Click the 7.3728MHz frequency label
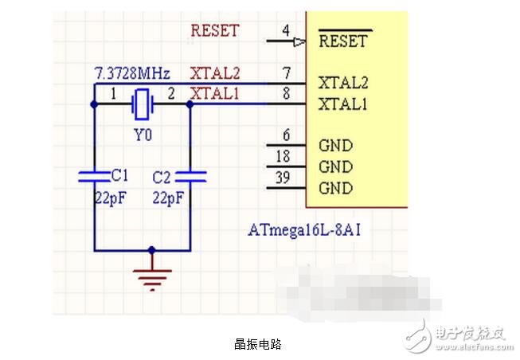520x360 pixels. [131, 74]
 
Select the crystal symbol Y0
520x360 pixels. [143, 104]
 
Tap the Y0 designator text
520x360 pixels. [143, 135]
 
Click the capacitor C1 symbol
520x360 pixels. [94, 175]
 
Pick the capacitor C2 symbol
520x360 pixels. [190, 175]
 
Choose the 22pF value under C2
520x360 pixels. [168, 196]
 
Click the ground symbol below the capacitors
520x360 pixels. [152, 275]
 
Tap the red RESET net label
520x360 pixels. [214, 31]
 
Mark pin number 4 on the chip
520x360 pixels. [285, 31]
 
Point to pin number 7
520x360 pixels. [285, 73]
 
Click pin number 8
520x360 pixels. [285, 94]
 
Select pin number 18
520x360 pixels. [283, 157]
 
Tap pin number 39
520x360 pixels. [283, 178]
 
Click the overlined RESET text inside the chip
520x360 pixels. [342, 41]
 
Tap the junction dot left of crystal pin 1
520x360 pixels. [94, 104]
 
